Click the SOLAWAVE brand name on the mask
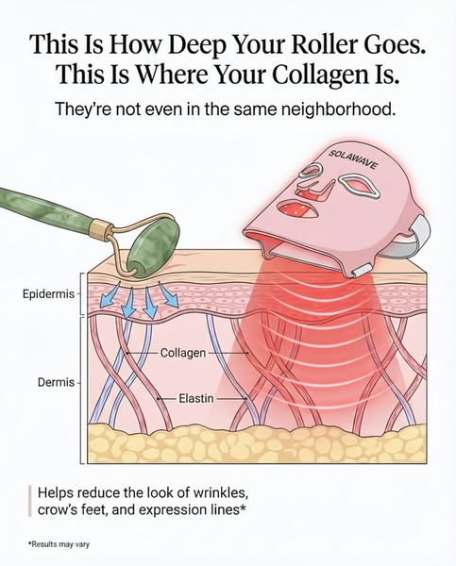click(x=354, y=160)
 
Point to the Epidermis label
click(x=48, y=294)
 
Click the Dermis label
click(x=56, y=382)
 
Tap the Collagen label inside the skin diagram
click(x=183, y=353)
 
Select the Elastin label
click(x=196, y=399)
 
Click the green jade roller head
click(x=153, y=250)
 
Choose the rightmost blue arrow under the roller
click(x=170, y=296)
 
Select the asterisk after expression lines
click(x=243, y=508)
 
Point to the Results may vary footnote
click(x=59, y=544)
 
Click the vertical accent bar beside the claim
click(x=30, y=501)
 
